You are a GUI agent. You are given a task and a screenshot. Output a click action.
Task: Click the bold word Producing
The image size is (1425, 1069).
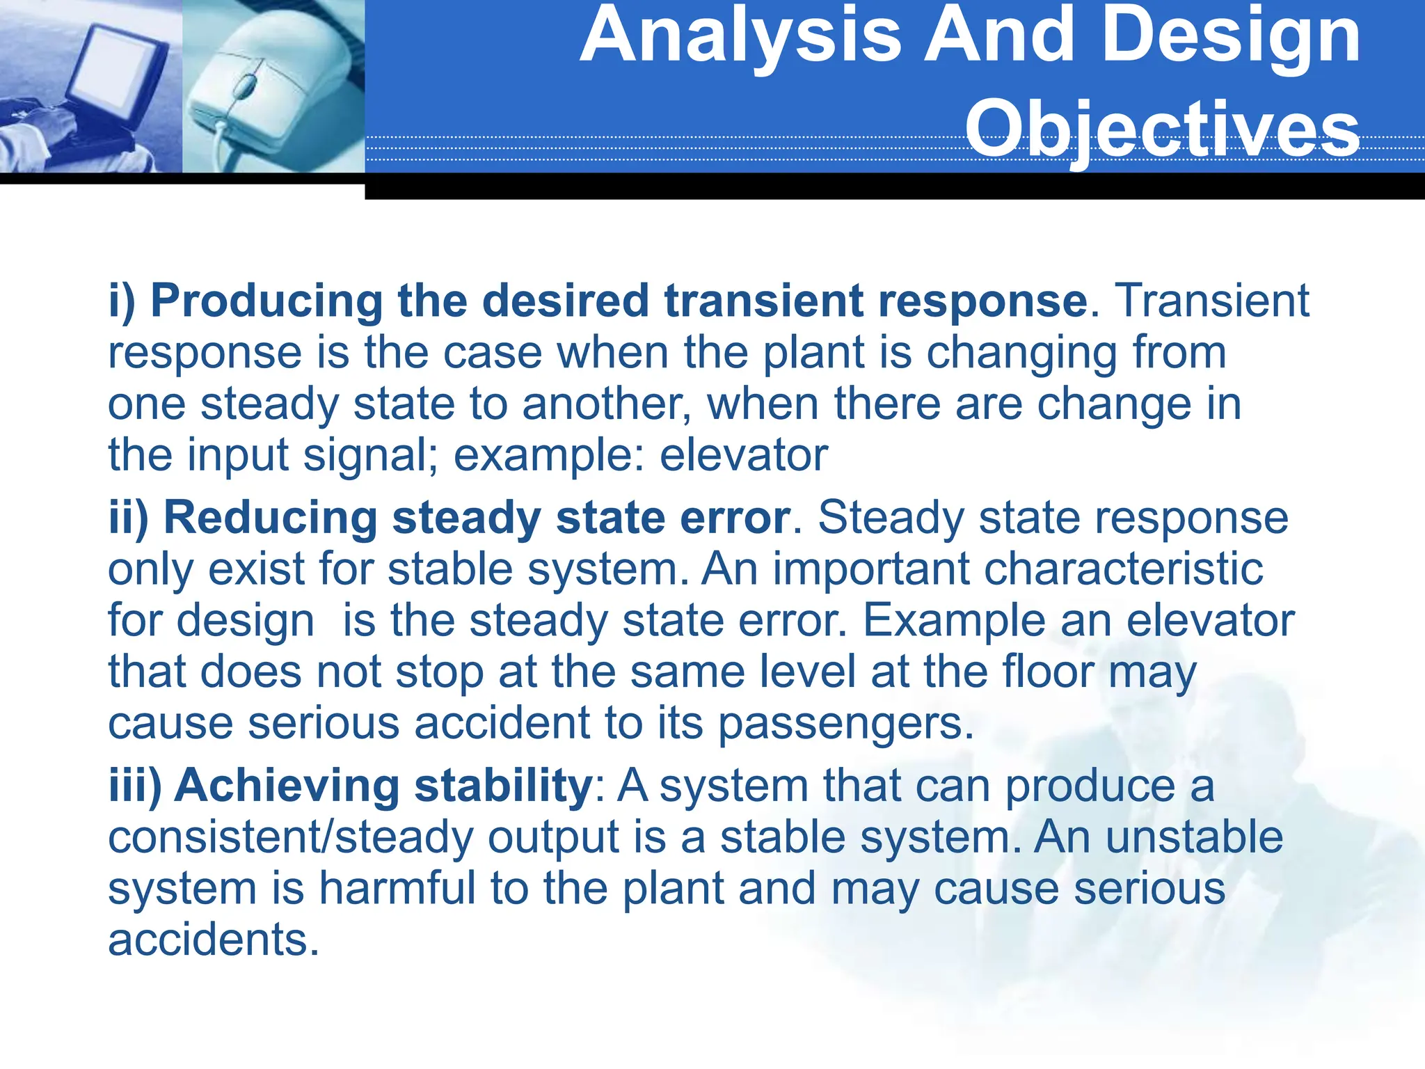pos(266,301)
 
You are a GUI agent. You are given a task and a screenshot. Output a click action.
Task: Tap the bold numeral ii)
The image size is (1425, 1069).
pos(129,518)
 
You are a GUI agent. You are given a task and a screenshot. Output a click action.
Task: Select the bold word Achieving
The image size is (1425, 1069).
pos(287,786)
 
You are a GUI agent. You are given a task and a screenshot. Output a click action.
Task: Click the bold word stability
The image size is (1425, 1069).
pos(502,786)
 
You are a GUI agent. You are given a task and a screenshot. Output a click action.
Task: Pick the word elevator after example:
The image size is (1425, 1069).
pos(743,456)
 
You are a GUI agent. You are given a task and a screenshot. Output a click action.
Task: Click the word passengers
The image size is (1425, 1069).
pos(845,724)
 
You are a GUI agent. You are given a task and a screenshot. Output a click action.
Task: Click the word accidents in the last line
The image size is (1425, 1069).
pos(213,940)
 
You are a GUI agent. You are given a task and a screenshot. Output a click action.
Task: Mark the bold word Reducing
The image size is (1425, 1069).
pos(271,518)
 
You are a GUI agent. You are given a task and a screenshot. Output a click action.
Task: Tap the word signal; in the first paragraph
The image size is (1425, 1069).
pos(370,456)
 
